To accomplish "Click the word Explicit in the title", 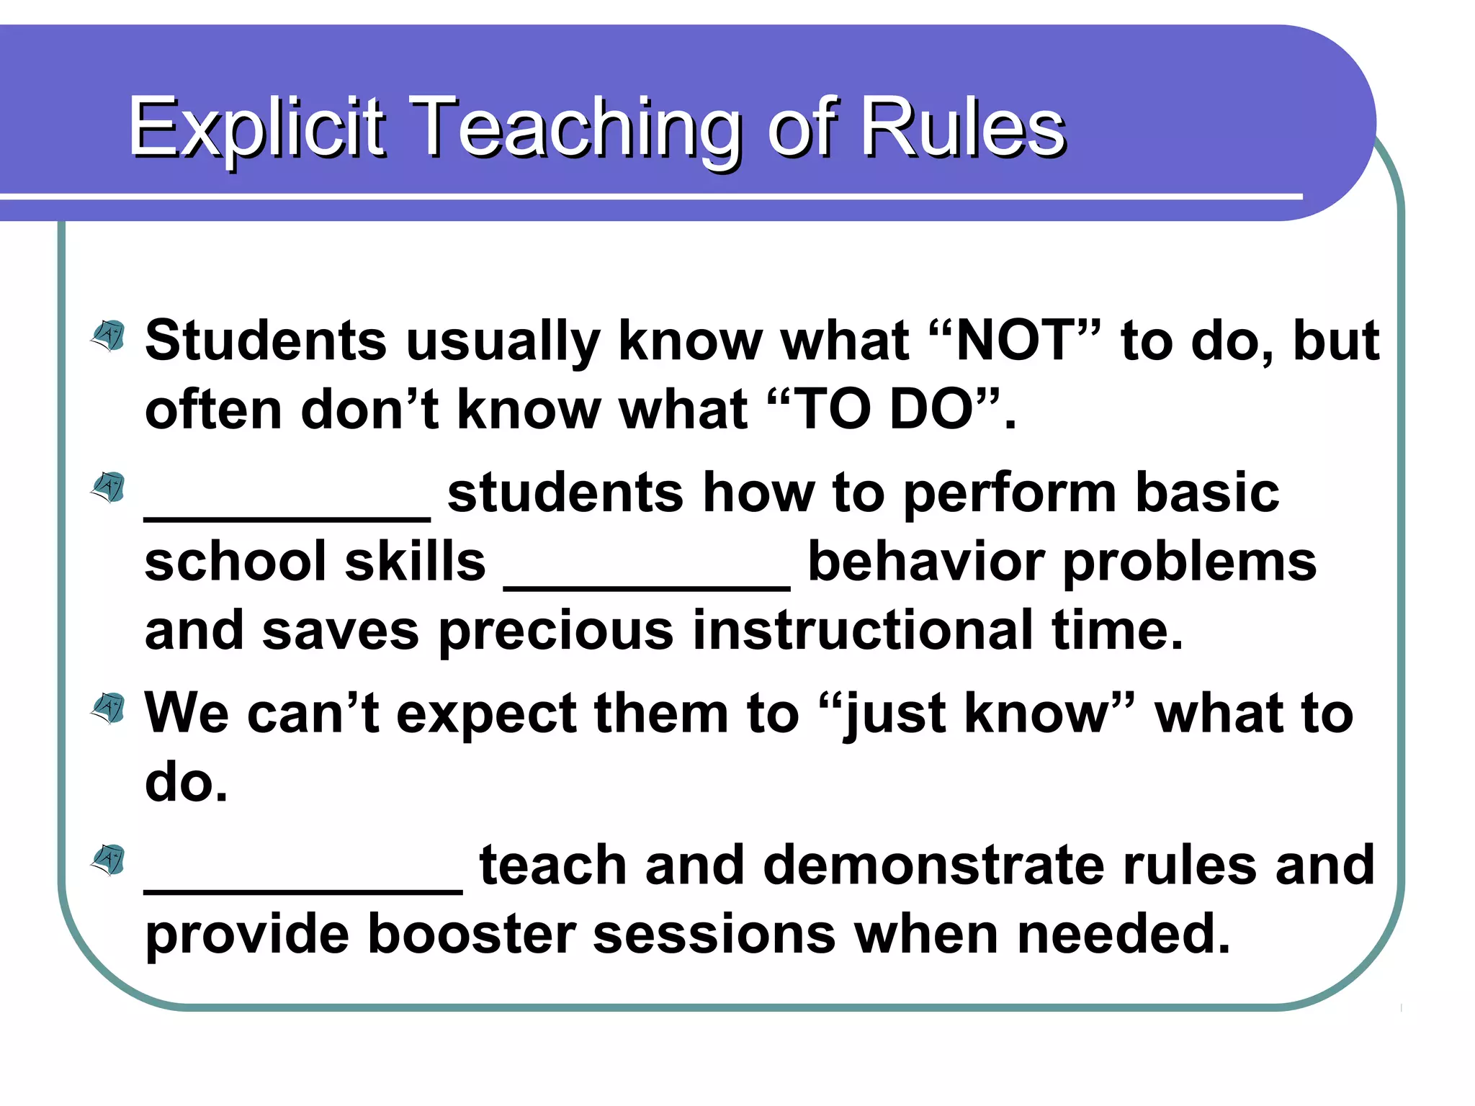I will coord(256,128).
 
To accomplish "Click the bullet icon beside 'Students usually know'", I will coord(109,336).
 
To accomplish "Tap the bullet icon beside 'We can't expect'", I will coord(109,709).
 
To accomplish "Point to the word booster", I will coord(472,935).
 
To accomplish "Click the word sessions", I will coord(714,935).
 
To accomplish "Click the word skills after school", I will coord(416,562).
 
